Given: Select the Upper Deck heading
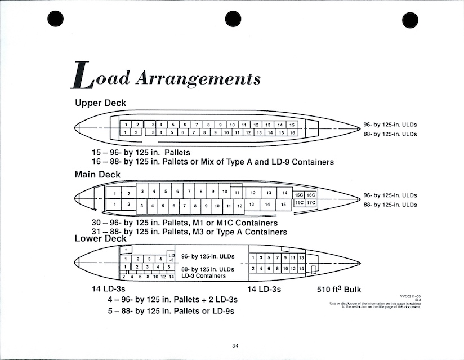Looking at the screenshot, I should click(100, 103).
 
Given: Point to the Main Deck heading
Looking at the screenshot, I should click(97, 175).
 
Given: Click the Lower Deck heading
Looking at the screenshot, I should click(100, 238).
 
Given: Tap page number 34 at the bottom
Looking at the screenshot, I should click(235, 345).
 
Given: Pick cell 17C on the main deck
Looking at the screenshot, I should click(311, 202).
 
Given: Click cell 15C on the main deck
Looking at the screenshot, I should click(298, 195).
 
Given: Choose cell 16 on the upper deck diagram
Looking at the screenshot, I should click(292, 132).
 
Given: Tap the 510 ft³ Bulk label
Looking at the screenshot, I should click(339, 290).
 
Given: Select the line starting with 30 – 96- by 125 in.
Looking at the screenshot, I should click(185, 223).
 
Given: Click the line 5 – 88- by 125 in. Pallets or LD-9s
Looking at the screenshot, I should click(171, 310).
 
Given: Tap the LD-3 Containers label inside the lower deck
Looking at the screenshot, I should click(203, 276).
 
